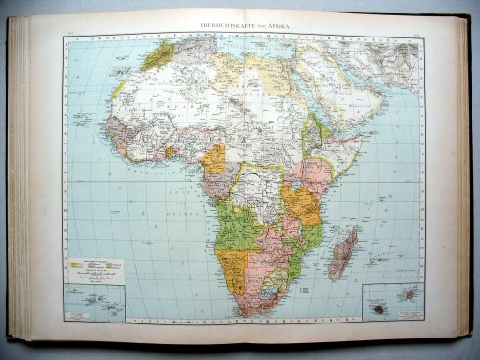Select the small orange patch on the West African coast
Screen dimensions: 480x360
[x=170, y=153]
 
